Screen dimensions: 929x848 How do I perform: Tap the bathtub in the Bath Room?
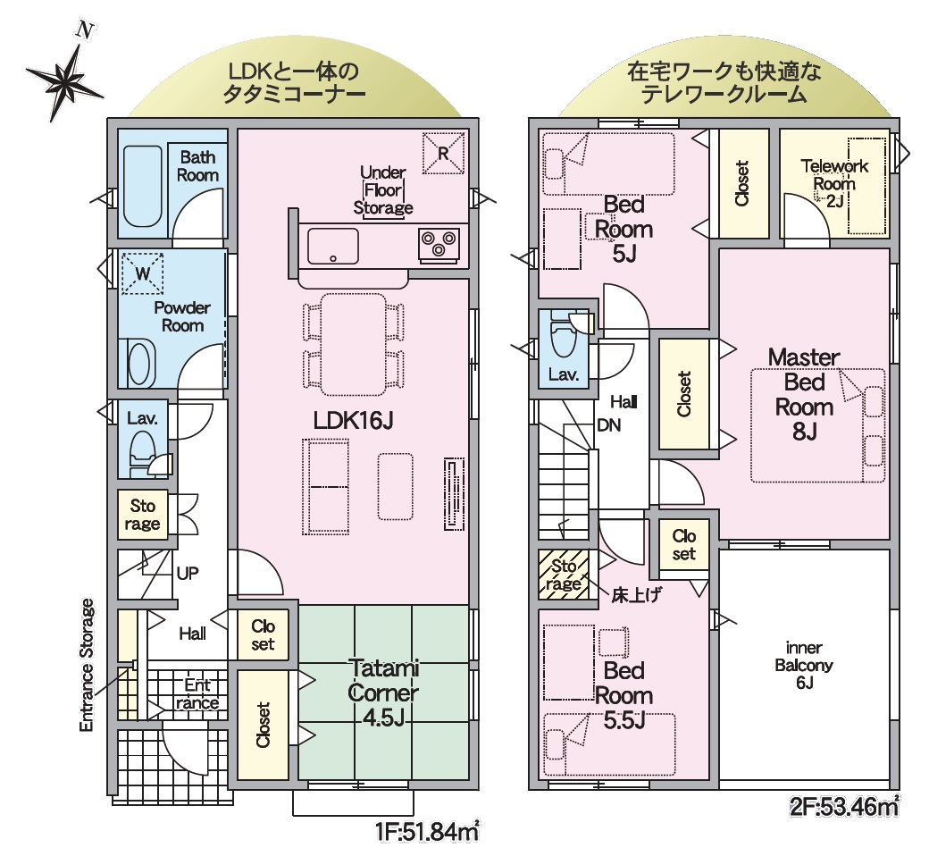point(142,186)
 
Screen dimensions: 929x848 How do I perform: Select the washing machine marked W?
point(142,273)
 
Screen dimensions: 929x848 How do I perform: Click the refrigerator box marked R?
point(443,153)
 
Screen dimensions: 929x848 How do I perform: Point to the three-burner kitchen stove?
point(439,244)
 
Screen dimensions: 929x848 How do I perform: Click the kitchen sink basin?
point(332,246)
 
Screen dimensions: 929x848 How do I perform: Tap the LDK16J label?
point(353,420)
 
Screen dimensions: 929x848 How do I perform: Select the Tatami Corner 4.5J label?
point(383,693)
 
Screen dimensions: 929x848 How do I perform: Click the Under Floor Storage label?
point(382,190)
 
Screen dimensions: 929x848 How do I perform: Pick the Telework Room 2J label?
point(834,183)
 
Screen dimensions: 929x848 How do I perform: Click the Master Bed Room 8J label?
point(804,394)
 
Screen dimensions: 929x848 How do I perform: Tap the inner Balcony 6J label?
point(804,665)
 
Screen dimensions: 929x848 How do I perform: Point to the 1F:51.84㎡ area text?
point(427,832)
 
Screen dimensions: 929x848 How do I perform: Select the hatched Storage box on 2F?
point(564,575)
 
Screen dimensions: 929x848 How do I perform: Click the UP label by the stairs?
point(188,573)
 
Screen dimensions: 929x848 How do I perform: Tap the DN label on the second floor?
point(608,424)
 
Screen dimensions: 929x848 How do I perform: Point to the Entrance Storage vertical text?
point(88,665)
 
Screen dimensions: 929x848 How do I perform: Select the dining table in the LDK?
point(353,344)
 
